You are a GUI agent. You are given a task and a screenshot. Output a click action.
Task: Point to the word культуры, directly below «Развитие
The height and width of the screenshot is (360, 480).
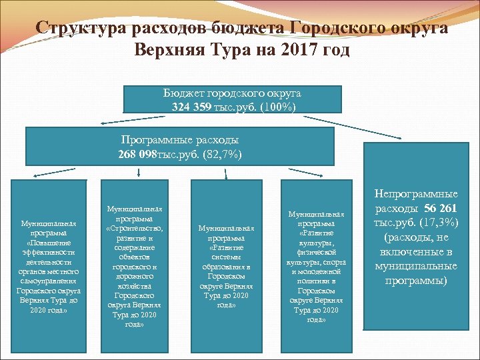[x=317, y=243]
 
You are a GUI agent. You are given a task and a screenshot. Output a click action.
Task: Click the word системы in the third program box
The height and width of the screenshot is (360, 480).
[x=226, y=257]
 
